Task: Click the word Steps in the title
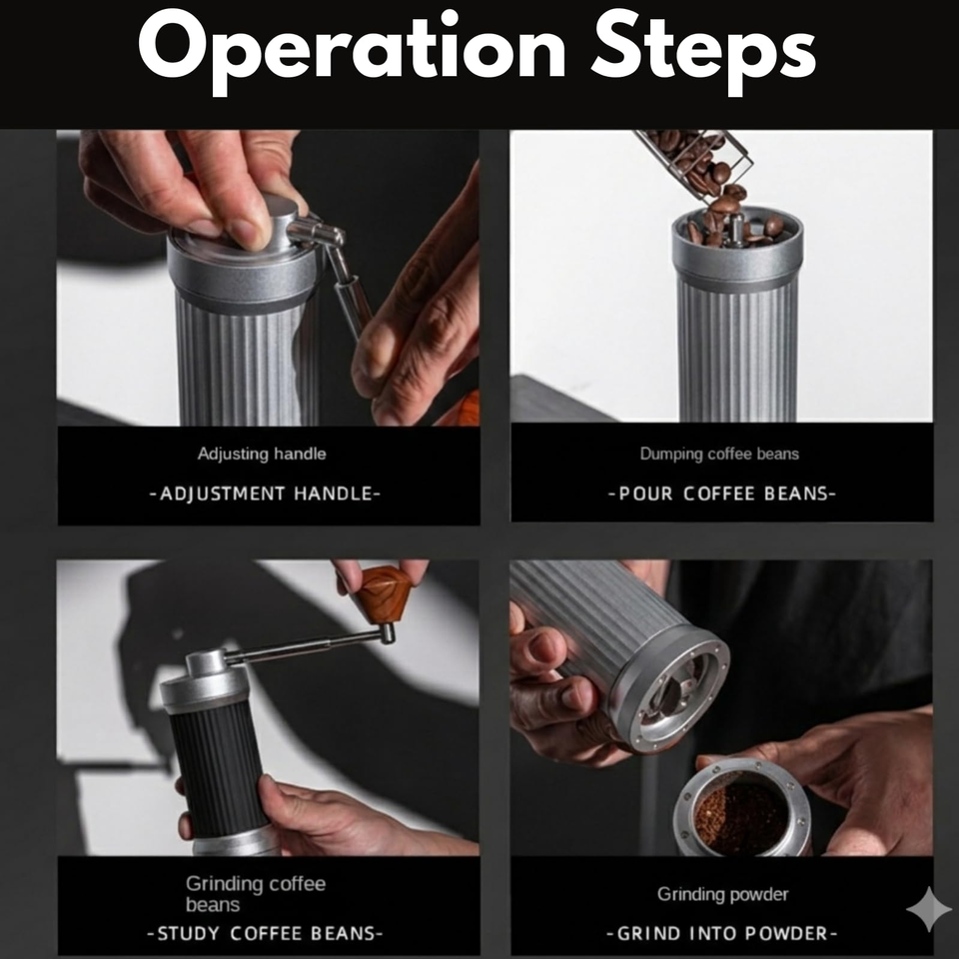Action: point(703,50)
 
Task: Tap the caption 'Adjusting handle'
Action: point(262,454)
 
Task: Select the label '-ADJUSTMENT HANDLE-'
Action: point(265,493)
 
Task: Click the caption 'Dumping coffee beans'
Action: point(719,454)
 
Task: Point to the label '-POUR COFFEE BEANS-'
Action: point(721,493)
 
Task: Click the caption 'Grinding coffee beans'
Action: point(256,893)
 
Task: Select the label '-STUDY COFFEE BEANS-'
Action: point(265,933)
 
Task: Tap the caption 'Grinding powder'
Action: point(723,894)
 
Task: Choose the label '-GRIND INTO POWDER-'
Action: point(721,933)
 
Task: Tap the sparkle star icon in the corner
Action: point(929,909)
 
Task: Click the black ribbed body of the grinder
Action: point(217,770)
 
